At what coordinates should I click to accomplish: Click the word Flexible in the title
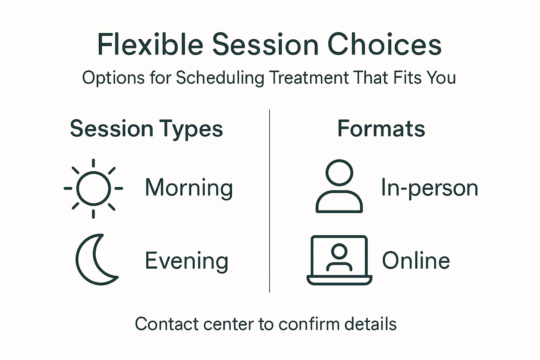pos(150,45)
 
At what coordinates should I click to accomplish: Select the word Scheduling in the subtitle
pos(220,78)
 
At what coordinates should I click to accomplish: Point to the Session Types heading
pos(146,129)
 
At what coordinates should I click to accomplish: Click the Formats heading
pos(381,129)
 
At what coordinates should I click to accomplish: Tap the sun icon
pos(94,188)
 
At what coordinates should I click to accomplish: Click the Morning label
pos(189,188)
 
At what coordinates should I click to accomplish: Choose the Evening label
pos(187,261)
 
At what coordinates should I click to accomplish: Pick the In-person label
pos(429,188)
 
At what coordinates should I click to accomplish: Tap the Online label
pos(416,261)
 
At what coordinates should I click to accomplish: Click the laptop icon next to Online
pos(339,260)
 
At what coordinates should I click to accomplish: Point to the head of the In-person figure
pos(339,173)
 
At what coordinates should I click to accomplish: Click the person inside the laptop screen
pos(339,258)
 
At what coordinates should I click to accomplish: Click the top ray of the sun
pos(94,163)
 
